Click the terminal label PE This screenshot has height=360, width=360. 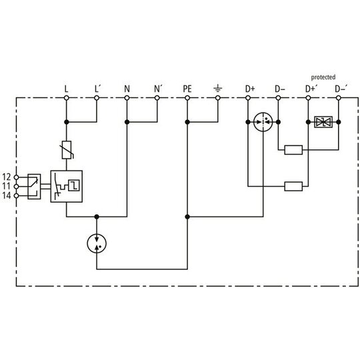[x=187, y=89]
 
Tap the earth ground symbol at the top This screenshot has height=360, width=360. [x=217, y=87]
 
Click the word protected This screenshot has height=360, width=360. [x=323, y=77]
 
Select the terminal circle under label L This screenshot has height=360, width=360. [x=67, y=98]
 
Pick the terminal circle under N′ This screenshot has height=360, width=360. [x=157, y=98]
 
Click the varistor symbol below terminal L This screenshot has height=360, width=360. [x=67, y=150]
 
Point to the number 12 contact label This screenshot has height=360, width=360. [x=7, y=177]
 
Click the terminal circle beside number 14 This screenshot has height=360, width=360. [x=16, y=195]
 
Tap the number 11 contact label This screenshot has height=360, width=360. [x=7, y=186]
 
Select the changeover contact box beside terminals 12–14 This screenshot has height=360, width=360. [x=34, y=187]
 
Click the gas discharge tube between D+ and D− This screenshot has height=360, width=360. [x=263, y=122]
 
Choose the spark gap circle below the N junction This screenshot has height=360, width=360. [x=97, y=243]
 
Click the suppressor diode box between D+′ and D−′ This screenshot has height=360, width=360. [x=323, y=122]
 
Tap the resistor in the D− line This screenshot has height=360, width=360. [x=293, y=150]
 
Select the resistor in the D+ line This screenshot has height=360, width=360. [x=293, y=186]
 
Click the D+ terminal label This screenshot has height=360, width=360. [x=250, y=89]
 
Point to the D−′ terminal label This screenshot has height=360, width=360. [x=341, y=89]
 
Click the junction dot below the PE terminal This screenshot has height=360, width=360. [x=187, y=122]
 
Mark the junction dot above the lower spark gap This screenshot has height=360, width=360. [x=97, y=217]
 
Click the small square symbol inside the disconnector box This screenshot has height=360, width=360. [x=74, y=185]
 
